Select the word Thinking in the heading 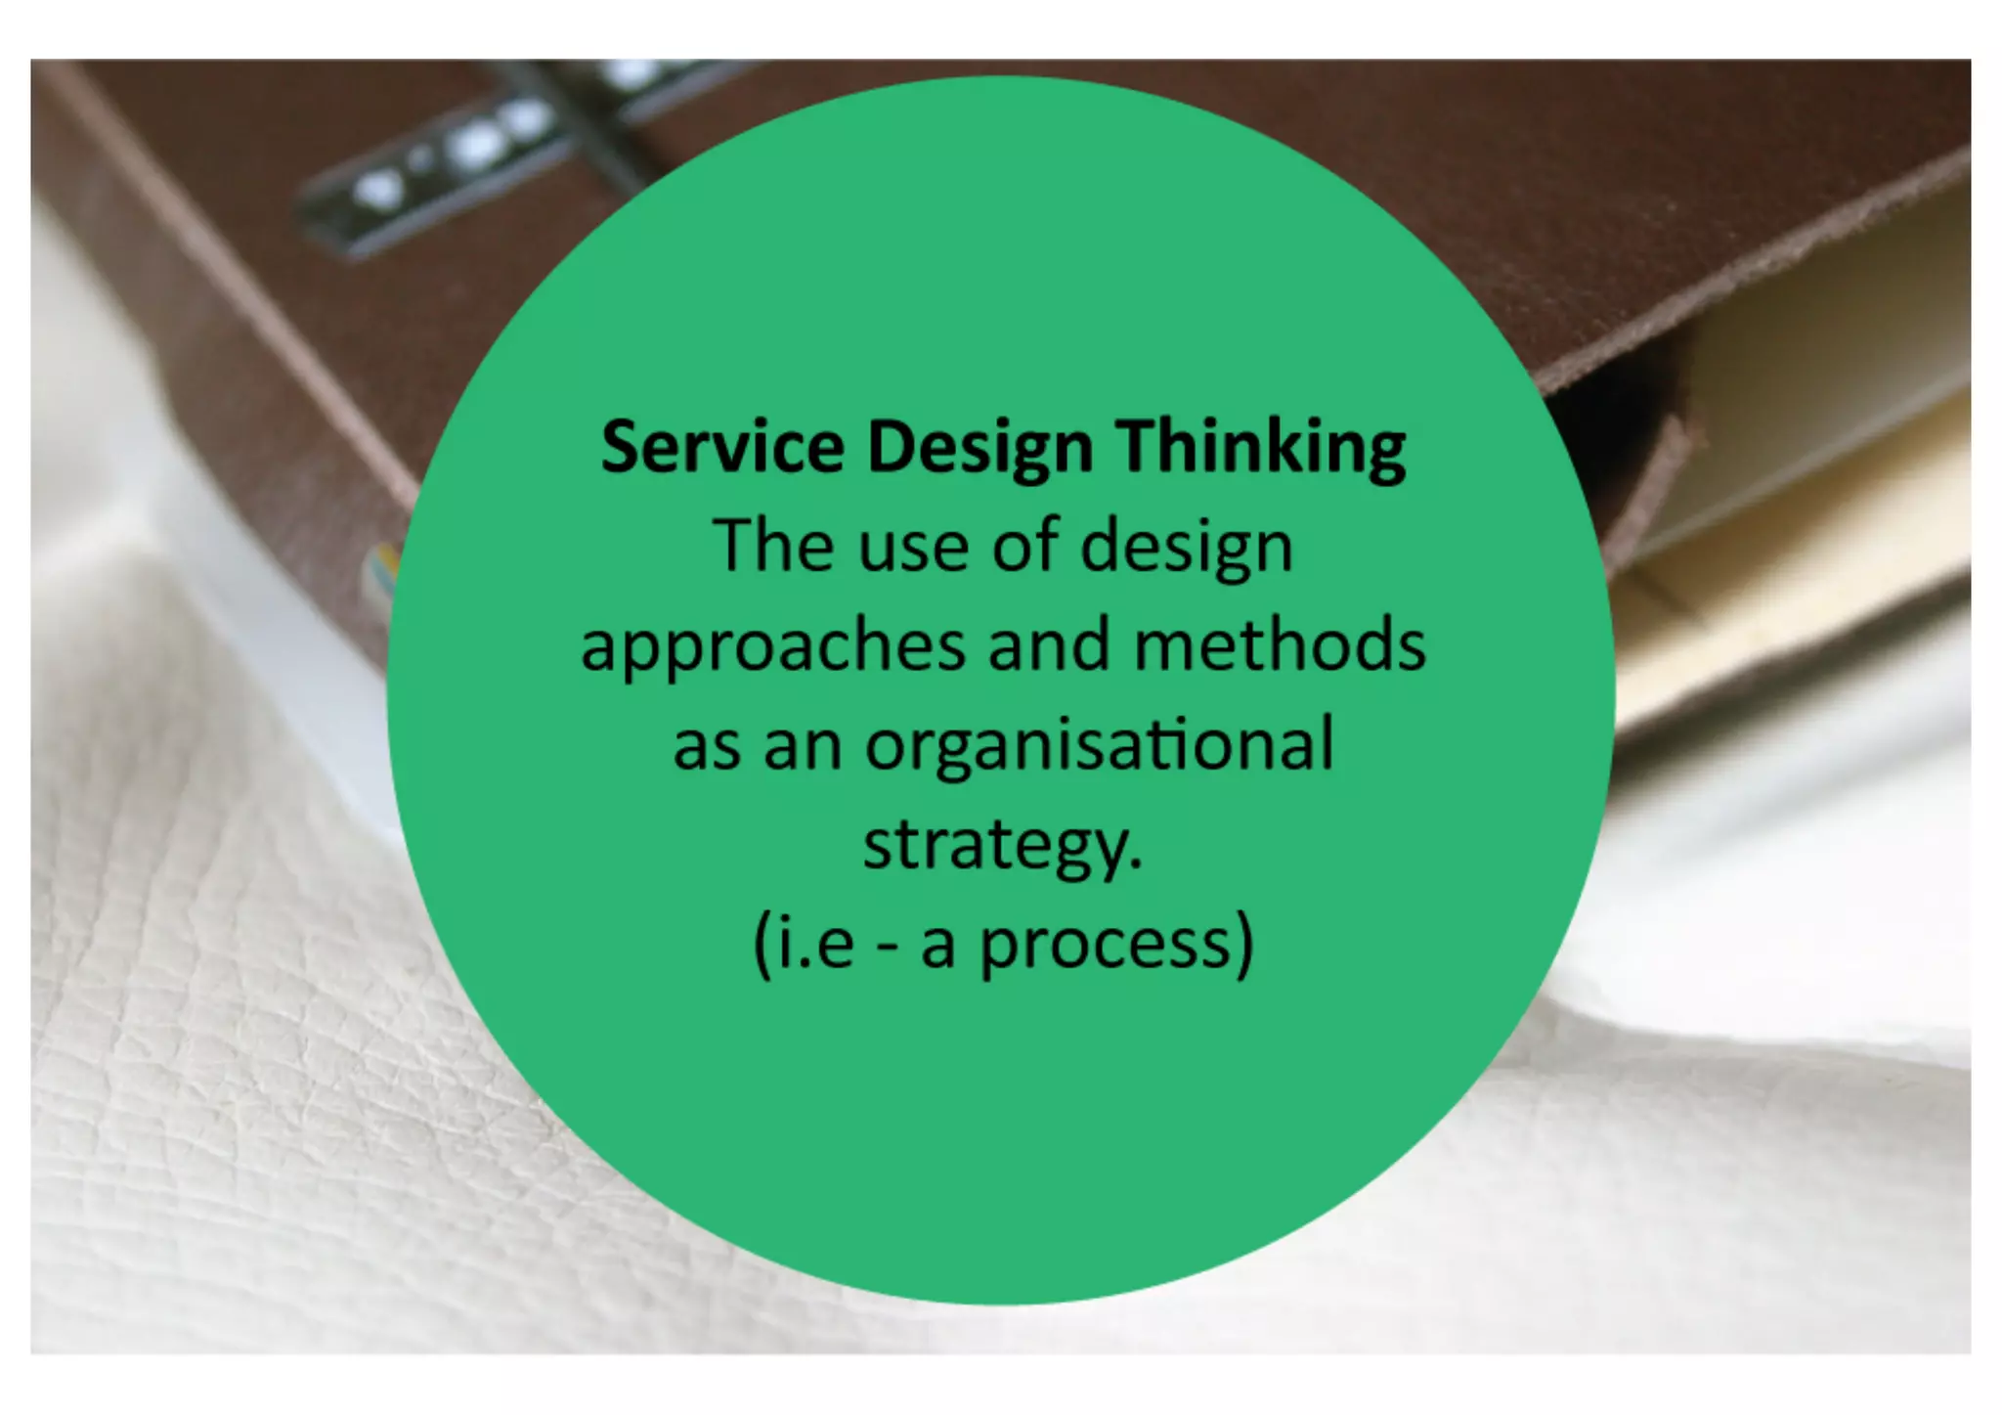coord(1261,448)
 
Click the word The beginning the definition coord(771,546)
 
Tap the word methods coord(1280,645)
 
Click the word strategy coord(1002,847)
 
